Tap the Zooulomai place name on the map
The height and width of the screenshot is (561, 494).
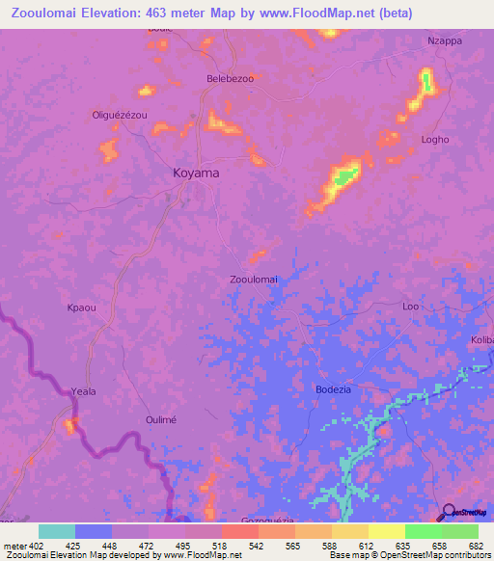pos(254,279)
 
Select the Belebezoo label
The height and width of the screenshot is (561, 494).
pos(230,78)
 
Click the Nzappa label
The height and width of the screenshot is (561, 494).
pos(445,41)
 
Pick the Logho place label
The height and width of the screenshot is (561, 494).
pos(435,139)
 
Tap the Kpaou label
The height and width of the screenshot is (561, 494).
pos(81,307)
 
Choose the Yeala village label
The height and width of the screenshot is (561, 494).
pos(85,391)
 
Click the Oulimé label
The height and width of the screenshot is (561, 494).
pos(160,419)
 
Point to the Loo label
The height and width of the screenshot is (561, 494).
pos(410,307)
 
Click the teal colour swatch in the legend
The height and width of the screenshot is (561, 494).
pos(57,531)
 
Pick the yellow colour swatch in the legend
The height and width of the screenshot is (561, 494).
pos(386,531)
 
